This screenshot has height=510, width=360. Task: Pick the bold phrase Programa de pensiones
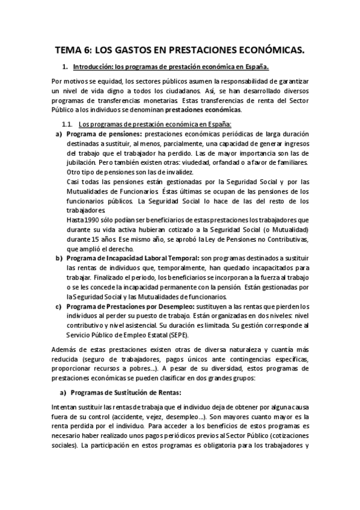pyautogui.click(x=105, y=133)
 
